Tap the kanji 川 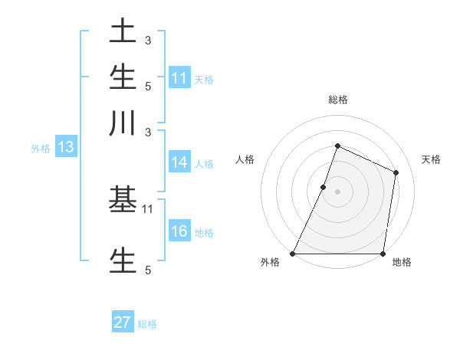(x=123, y=122)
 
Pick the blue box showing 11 (x=179, y=78)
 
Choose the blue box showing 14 (x=179, y=162)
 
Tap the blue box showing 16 (x=179, y=232)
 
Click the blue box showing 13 (x=65, y=148)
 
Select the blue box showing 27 (x=123, y=322)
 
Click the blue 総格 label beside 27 (x=147, y=324)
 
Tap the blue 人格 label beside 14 (x=204, y=163)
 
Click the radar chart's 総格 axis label (x=337, y=100)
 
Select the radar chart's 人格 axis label (x=245, y=159)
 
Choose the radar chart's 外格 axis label (x=270, y=262)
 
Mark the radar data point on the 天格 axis (x=396, y=172)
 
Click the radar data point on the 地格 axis (x=383, y=254)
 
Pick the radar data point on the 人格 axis (x=324, y=187)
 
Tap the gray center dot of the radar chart (x=337, y=191)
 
